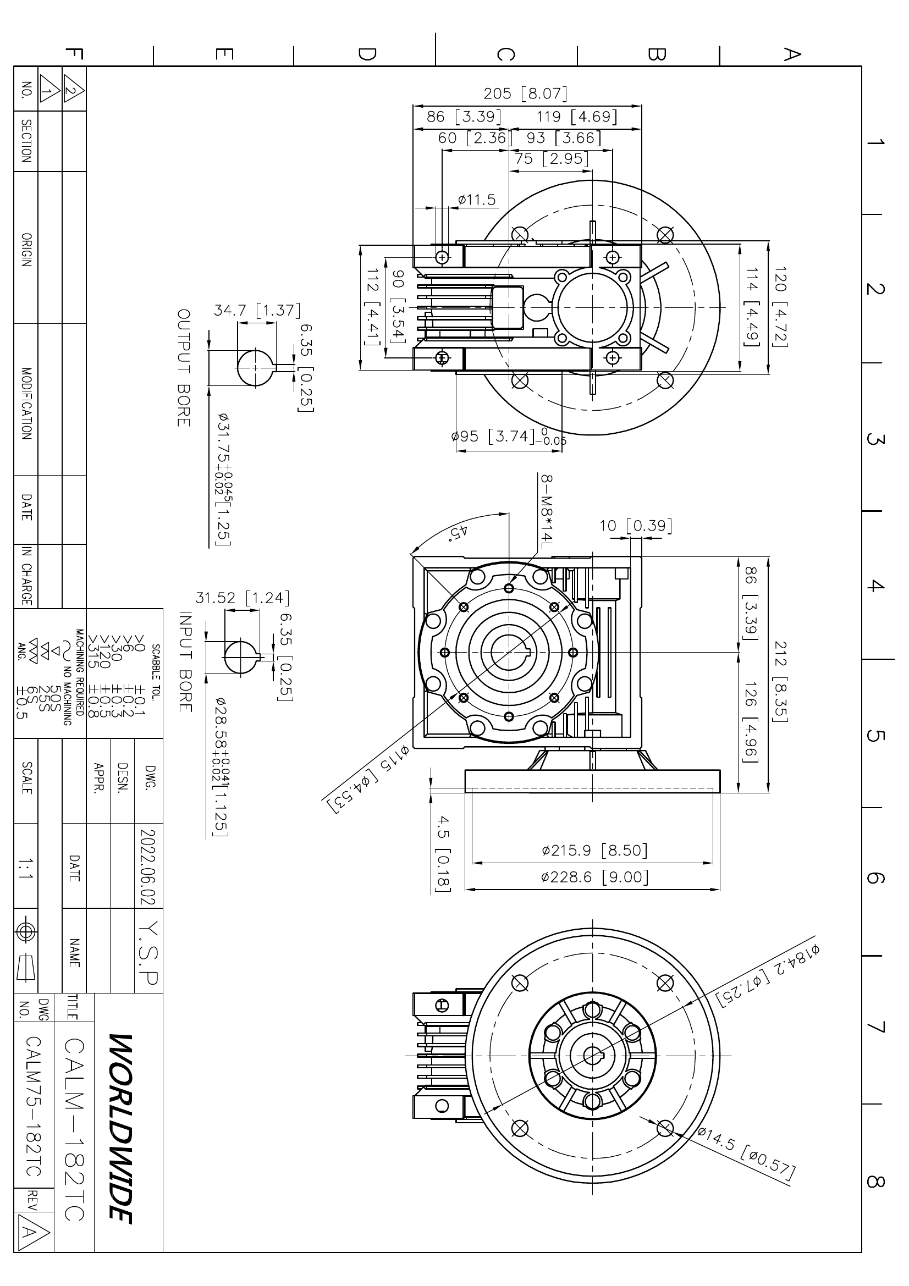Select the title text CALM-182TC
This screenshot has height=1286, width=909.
point(74,1129)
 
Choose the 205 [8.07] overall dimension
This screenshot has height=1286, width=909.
point(525,93)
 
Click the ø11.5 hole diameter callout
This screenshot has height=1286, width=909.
point(477,200)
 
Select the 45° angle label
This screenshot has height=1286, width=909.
point(458,532)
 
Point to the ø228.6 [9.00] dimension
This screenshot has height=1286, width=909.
point(595,876)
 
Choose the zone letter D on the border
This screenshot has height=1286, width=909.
point(367,54)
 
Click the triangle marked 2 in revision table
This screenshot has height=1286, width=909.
point(73,90)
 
